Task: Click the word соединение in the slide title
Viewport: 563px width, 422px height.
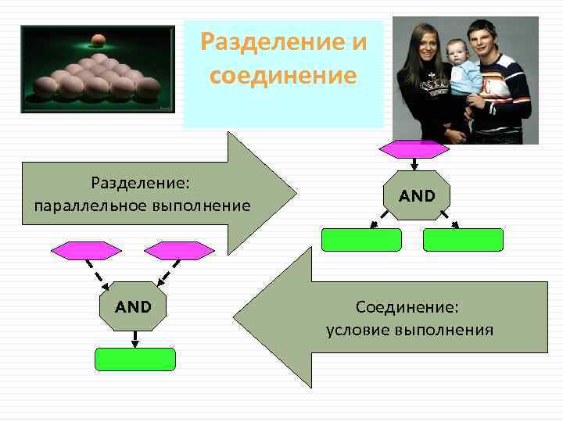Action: pos(283,76)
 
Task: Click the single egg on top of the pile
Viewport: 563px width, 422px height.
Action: pos(98,38)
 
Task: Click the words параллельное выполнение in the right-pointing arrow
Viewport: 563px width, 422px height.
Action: pos(142,206)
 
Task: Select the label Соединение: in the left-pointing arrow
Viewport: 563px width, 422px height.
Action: pos(407,307)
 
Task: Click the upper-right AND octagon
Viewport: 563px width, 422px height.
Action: pos(417,195)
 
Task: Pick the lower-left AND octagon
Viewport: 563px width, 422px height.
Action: pos(134,306)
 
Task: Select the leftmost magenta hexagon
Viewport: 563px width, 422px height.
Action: pos(86,251)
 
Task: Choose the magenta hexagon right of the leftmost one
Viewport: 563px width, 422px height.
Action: pos(179,251)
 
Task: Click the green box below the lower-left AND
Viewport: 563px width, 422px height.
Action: pos(135,359)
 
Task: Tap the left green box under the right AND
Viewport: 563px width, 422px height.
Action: pos(361,239)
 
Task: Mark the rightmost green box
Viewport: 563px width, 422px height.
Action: pos(464,239)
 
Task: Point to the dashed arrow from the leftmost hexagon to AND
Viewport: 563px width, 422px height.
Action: pos(102,274)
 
